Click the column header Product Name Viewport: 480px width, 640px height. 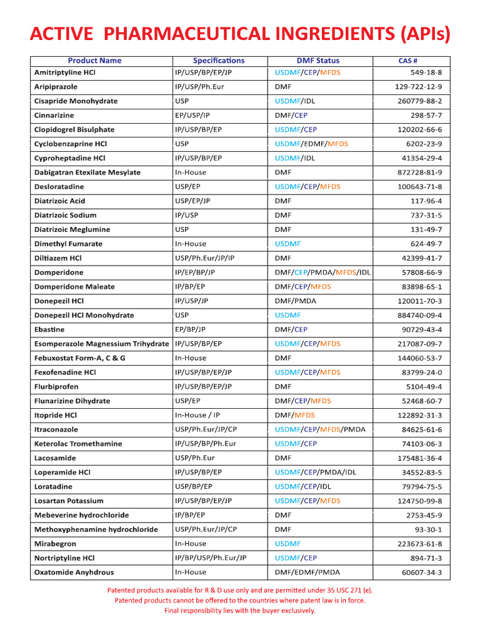[x=94, y=61]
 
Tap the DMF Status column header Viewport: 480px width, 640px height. [x=317, y=61]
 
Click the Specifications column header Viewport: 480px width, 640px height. [x=219, y=61]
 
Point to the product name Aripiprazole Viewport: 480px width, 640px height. [x=56, y=87]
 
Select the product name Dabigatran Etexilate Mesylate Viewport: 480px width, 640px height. [x=87, y=172]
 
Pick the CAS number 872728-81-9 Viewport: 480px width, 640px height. [x=419, y=172]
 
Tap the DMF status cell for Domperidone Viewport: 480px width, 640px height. [x=322, y=272]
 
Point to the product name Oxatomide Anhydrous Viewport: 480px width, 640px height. [x=74, y=572]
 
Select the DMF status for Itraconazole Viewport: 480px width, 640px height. [x=320, y=429]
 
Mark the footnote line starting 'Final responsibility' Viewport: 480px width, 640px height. [x=239, y=611]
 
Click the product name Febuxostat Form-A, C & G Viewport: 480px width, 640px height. [x=79, y=358]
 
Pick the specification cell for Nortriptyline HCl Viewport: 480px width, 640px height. [x=211, y=558]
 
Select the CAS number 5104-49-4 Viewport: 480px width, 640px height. [x=424, y=387]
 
